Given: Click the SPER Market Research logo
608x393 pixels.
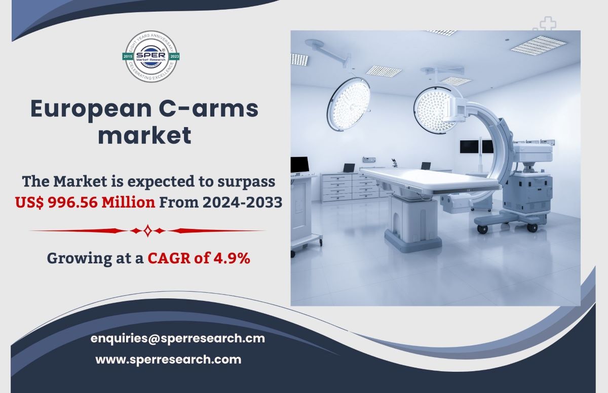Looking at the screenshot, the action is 151,56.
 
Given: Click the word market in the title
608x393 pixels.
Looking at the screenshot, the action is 145,135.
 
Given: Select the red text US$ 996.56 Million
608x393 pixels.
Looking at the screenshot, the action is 85,203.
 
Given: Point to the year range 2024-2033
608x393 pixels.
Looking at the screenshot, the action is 242,203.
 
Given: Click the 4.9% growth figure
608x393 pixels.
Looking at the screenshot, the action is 232,258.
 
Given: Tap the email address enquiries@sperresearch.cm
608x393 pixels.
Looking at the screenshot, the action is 177,338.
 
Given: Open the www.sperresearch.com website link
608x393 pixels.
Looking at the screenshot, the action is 168,360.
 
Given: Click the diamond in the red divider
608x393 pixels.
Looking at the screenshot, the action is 147,231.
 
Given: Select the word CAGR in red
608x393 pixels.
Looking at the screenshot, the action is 169,258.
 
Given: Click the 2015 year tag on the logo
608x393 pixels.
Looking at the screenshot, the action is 128,56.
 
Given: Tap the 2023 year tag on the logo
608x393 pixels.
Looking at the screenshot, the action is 174,56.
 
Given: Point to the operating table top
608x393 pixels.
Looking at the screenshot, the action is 430,179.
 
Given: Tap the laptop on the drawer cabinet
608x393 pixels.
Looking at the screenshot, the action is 349,168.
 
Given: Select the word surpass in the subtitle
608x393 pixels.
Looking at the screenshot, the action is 246,182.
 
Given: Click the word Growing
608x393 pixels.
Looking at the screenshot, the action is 79,258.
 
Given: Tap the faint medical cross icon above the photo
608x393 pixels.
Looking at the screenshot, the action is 548,23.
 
